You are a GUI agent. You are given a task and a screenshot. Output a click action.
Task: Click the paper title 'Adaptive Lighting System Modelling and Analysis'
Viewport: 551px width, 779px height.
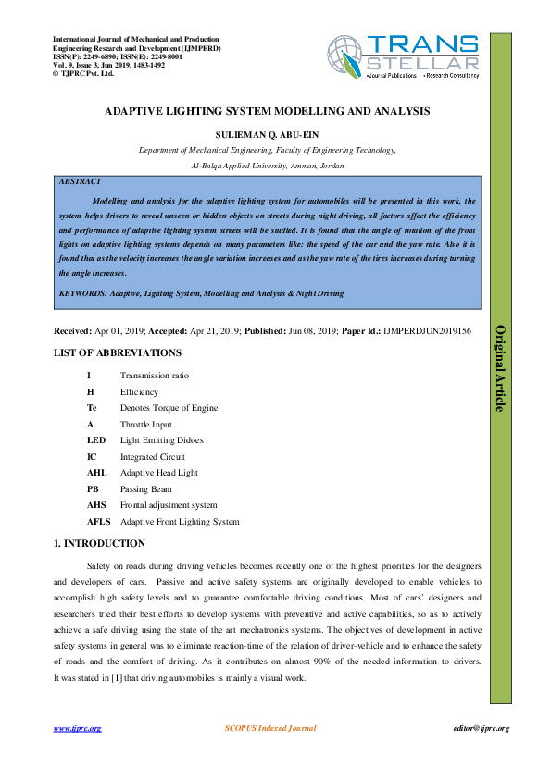coord(267,110)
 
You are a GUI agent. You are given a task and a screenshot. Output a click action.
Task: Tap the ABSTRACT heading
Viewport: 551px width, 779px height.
coord(81,182)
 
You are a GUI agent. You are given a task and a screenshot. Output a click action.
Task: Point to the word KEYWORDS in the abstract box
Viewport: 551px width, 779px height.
coord(81,293)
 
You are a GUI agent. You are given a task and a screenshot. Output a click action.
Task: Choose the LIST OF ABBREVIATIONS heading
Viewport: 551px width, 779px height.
coord(117,352)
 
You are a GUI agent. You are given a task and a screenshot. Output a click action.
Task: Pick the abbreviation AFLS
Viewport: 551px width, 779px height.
coord(98,521)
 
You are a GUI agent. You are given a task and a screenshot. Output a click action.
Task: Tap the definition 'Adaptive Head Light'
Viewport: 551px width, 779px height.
coord(159,472)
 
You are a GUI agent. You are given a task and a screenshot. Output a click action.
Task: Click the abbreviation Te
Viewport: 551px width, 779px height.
coord(92,407)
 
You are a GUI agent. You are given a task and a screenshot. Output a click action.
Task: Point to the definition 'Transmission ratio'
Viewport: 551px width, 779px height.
coord(156,375)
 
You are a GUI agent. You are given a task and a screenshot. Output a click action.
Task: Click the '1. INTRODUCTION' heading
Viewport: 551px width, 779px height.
coord(99,543)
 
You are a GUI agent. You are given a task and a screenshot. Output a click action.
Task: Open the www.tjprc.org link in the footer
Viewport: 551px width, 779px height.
coord(77,729)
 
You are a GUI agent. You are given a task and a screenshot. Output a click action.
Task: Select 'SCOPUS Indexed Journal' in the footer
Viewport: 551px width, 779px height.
coord(270,729)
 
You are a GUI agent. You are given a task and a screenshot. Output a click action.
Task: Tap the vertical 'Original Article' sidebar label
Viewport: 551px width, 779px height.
coord(500,367)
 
